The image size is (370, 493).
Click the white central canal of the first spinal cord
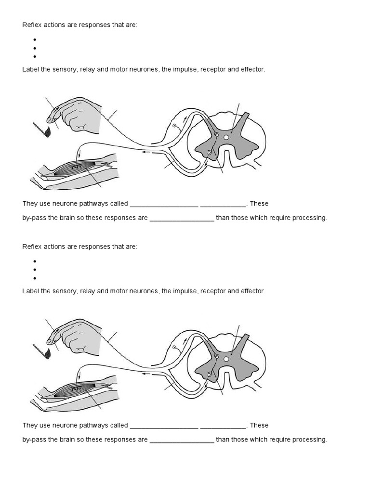(x=226, y=137)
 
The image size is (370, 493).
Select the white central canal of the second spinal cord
(x=226, y=359)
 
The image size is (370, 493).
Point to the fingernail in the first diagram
(x=50, y=117)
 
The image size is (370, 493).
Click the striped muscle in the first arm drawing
(x=77, y=168)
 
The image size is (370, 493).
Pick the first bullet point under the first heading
(x=35, y=39)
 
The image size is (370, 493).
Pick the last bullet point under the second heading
(x=35, y=278)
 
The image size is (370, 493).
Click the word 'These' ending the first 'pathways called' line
(x=259, y=203)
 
